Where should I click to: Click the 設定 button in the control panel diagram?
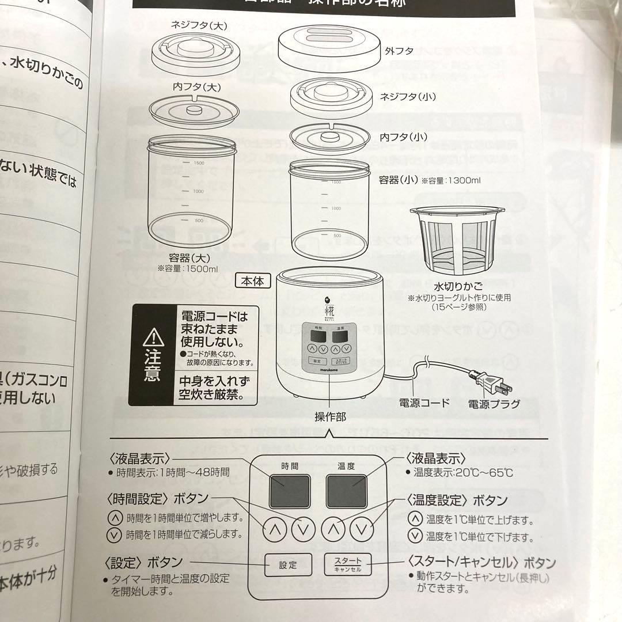pyautogui.click(x=289, y=564)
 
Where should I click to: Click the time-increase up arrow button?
pyautogui.click(x=275, y=529)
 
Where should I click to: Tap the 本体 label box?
pyautogui.click(x=252, y=281)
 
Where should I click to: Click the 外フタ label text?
pyautogui.click(x=399, y=51)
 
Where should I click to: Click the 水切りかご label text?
pyautogui.click(x=458, y=286)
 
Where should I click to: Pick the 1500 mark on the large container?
pyautogui.click(x=198, y=163)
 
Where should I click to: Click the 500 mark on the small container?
pyautogui.click(x=337, y=235)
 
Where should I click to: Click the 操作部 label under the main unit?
pyautogui.click(x=330, y=417)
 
